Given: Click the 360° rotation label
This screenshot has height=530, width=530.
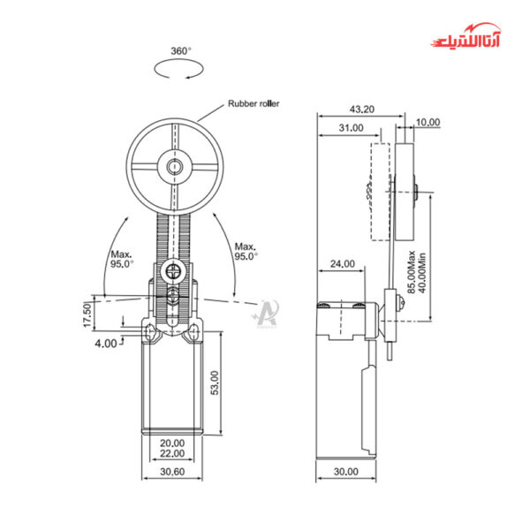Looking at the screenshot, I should coord(180,51).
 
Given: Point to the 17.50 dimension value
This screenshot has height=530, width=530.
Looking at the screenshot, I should coord(87,314).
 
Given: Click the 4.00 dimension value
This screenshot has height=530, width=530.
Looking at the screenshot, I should coord(104,343).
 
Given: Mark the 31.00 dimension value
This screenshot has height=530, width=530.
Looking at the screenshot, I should coord(350,128).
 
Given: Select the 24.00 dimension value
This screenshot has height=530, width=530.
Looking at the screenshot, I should coord(342,263).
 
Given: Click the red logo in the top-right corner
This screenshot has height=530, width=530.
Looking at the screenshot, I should coord(470,42).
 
